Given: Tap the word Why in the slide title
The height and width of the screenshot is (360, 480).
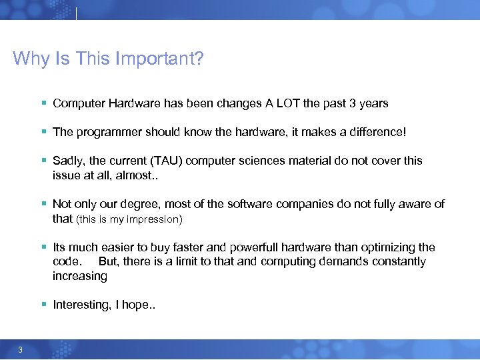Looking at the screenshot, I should click(x=28, y=59).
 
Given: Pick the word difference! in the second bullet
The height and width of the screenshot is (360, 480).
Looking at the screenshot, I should click(x=375, y=132).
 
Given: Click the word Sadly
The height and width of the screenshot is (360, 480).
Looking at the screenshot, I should click(x=68, y=161).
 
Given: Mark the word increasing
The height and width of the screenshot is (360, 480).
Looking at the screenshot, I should click(x=80, y=276).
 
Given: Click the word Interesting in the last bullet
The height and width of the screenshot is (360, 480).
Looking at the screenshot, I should click(x=82, y=305).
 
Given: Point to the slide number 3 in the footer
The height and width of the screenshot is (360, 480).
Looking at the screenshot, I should click(x=21, y=351).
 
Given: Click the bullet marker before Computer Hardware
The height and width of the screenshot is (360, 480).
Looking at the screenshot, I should click(x=43, y=103).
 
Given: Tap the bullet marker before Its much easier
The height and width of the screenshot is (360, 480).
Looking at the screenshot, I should click(x=43, y=247).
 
